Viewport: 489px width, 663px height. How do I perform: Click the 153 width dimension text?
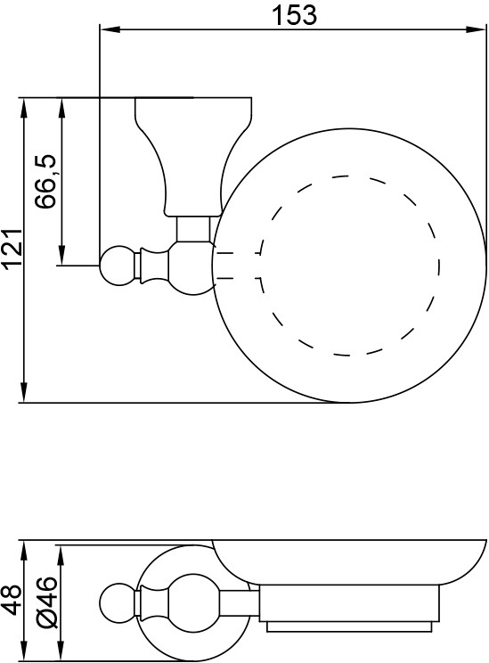[294, 15]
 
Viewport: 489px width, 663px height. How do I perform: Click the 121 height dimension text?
[12, 249]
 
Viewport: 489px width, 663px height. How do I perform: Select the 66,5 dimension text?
[45, 182]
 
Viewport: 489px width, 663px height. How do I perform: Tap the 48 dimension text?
[12, 599]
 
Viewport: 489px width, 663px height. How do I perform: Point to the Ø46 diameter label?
[46, 602]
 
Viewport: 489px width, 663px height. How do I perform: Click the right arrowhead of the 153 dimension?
[475, 29]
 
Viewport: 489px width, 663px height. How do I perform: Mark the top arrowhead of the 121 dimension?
[24, 108]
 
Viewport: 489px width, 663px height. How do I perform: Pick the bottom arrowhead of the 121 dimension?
[24, 392]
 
